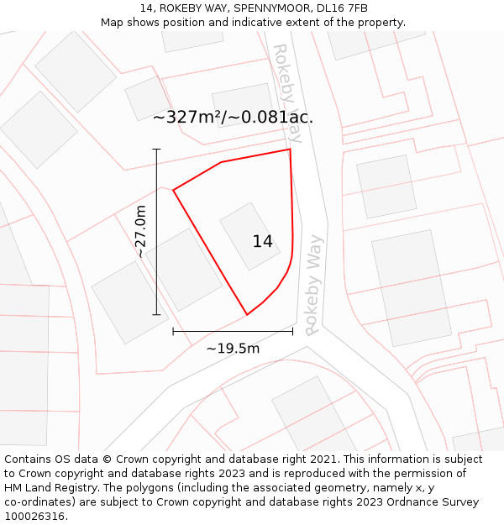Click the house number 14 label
coord(262,242)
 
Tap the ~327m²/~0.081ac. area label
coord(233,118)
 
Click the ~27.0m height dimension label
coord(141,232)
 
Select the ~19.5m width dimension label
coord(233,349)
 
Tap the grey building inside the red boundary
coord(249,235)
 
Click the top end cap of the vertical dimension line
coord(156,150)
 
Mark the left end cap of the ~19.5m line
coord(173,332)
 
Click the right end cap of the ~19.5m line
coord(292,332)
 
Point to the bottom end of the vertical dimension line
coord(156,315)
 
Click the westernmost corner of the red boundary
coord(173,190)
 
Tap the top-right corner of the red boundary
coord(290,150)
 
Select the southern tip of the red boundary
coord(247,315)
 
